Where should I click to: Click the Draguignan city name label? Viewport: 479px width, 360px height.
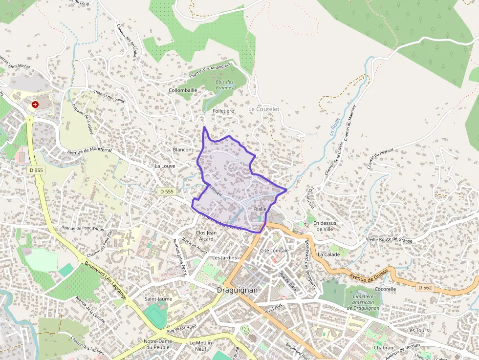pos(237,290)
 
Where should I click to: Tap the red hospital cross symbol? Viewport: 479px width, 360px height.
pos(35,105)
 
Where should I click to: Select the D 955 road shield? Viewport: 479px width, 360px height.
pos(36,170)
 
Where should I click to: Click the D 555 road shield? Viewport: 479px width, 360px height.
pos(167,192)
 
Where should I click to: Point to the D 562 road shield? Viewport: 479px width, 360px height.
pos(425,288)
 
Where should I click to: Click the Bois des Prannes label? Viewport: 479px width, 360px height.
pos(224,85)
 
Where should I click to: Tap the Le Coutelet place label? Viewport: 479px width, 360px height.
pos(263,109)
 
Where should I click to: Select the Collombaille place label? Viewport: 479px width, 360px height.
pos(183,90)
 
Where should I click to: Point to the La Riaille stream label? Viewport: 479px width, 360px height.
pos(334,126)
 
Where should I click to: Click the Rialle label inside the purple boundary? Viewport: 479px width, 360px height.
pos(260,209)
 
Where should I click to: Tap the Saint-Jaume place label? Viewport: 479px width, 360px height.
pos(158,298)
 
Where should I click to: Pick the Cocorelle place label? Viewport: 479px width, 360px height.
pos(385,289)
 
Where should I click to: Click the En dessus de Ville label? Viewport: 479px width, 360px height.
pos(325,226)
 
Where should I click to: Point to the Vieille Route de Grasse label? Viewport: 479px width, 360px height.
pos(389,240)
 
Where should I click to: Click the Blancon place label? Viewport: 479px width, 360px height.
pos(182,149)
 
